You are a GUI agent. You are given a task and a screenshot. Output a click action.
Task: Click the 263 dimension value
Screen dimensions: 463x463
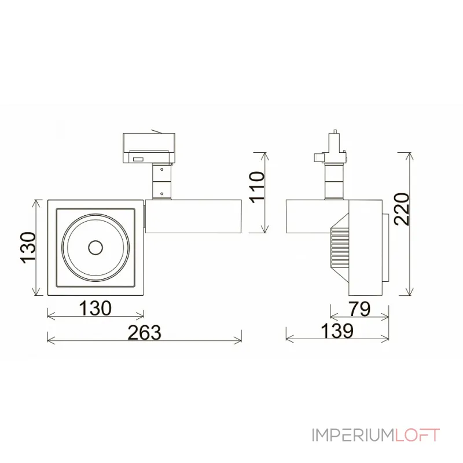[x=144, y=332]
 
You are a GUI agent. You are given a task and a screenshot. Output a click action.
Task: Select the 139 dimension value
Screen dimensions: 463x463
[x=337, y=330]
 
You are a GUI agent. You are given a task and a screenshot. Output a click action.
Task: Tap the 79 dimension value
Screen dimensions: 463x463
[x=359, y=309]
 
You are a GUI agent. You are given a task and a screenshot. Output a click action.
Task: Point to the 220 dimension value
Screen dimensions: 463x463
[x=402, y=209]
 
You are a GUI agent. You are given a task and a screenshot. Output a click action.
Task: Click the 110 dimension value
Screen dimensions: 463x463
[x=257, y=187]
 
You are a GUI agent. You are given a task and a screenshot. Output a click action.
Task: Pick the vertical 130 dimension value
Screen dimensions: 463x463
[x=28, y=248]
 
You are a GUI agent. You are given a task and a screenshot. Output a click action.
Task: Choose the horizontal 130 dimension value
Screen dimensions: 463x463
[x=95, y=308]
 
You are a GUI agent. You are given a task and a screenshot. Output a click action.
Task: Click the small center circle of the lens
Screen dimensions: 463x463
[x=95, y=248]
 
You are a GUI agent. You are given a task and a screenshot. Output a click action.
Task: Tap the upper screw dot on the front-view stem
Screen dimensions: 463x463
[x=161, y=170]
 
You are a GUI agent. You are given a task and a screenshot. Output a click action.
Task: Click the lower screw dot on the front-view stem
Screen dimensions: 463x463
[x=161, y=194]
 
